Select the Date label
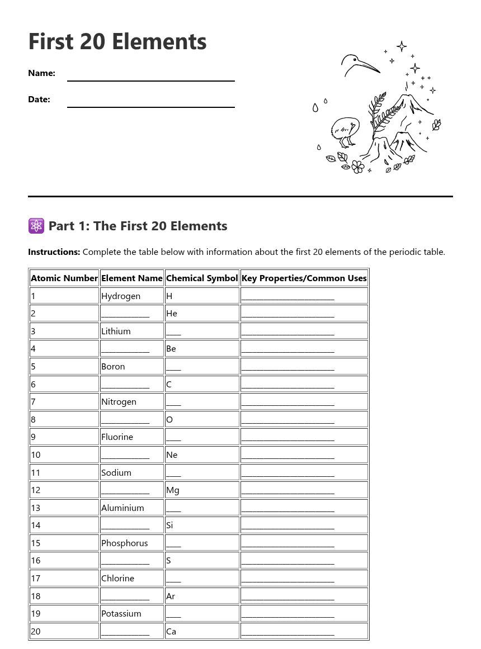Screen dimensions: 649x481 [39, 100]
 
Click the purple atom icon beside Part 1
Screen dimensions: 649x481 [36, 226]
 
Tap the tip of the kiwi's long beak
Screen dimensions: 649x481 [380, 73]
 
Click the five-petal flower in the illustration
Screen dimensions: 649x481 [358, 166]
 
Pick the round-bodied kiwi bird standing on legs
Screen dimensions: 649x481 [342, 130]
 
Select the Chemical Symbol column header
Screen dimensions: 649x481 [202, 278]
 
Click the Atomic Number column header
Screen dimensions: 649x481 [64, 278]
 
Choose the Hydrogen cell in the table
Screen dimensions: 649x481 [121, 296]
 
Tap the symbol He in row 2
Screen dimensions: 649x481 [172, 314]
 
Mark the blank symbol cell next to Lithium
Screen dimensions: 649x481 [173, 331]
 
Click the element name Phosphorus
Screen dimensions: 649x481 [125, 543]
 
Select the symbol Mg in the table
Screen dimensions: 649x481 [173, 490]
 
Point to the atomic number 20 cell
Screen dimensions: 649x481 [36, 631]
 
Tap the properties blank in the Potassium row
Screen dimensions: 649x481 [287, 614]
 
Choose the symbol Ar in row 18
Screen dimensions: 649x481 [171, 596]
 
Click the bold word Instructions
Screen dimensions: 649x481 [54, 252]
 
